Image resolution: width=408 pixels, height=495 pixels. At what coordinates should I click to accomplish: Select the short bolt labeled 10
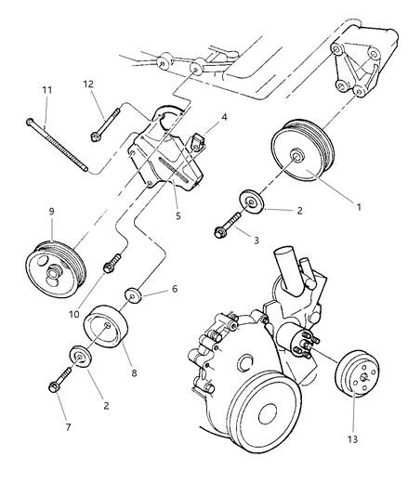pos(111,264)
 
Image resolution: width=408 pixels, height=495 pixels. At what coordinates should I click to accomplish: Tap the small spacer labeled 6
pos(136,296)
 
